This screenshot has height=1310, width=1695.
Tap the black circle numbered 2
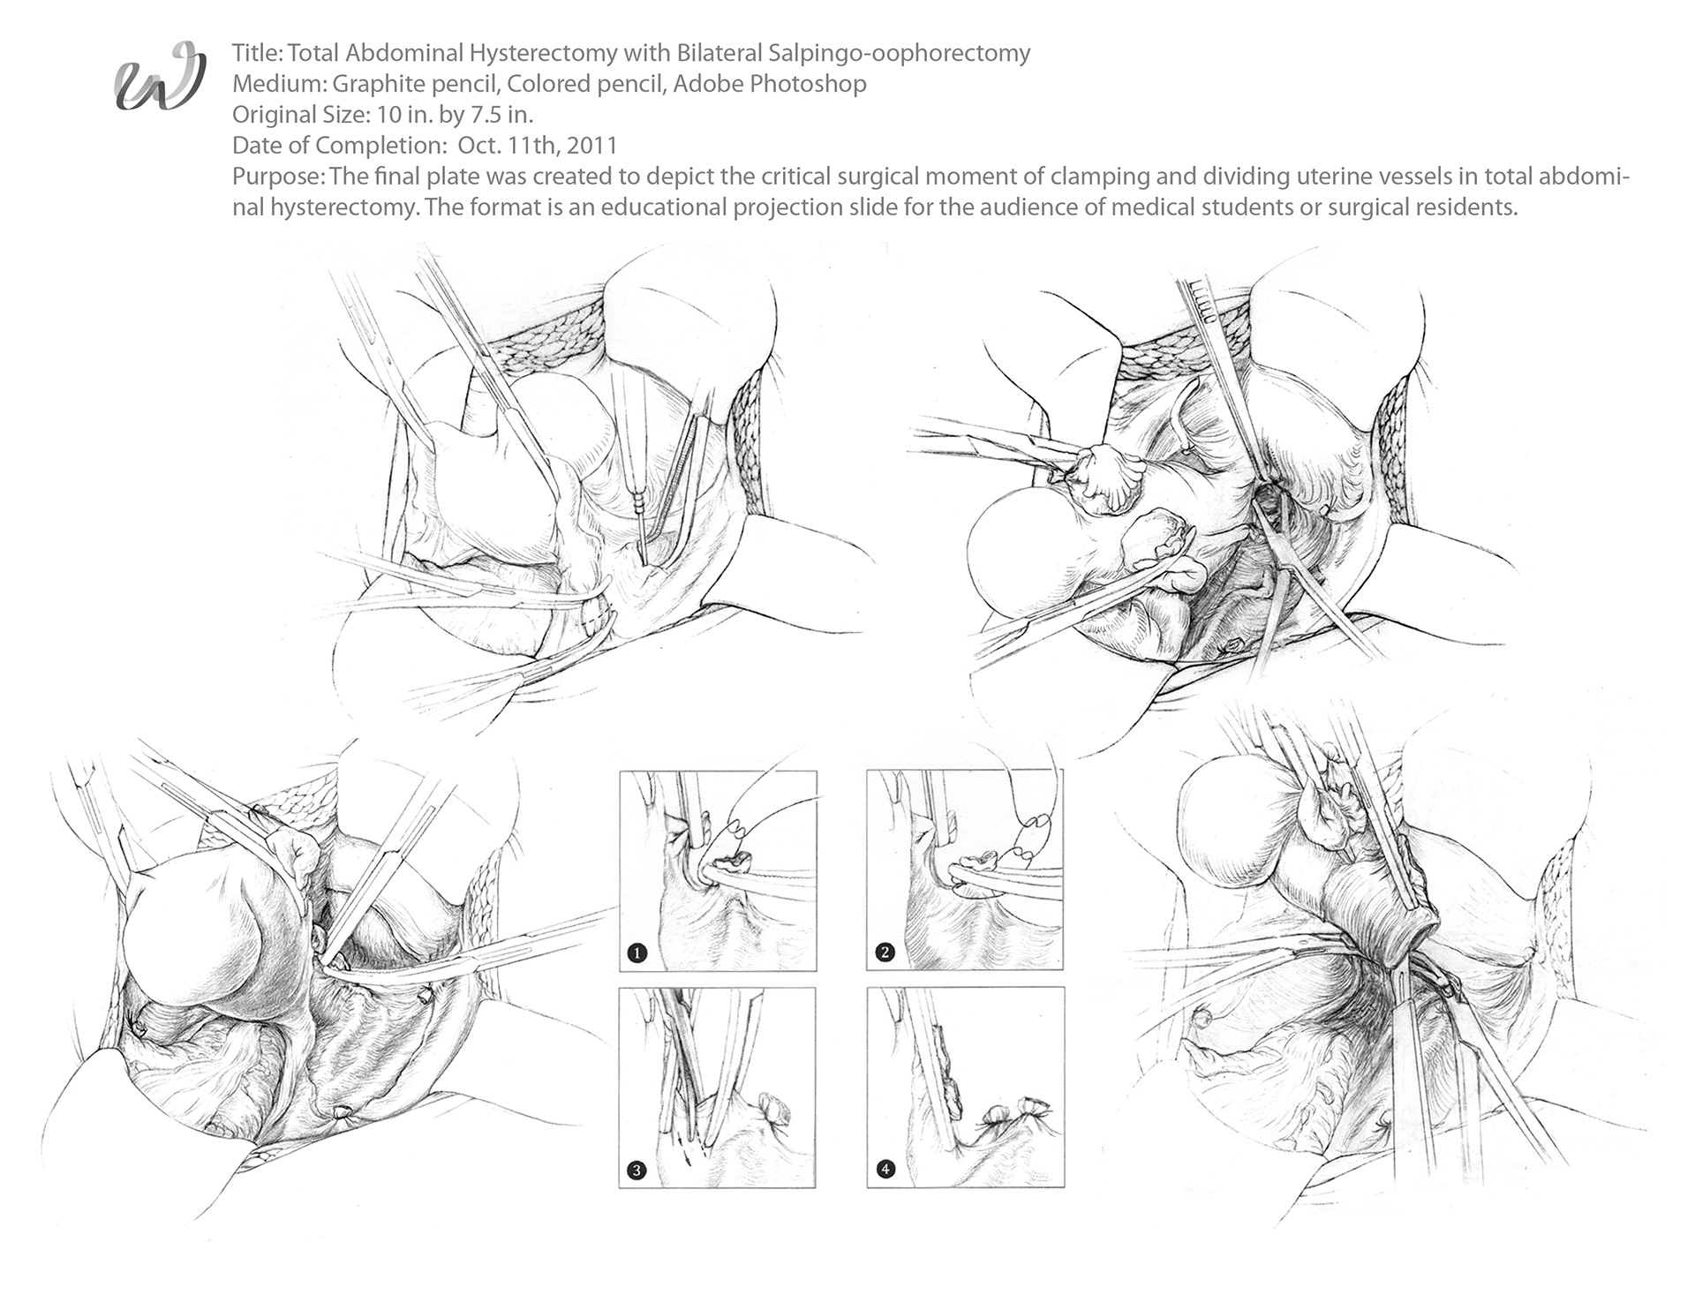coord(885,952)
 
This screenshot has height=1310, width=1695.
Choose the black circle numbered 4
coord(885,1170)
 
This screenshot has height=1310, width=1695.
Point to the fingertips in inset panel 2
coord(1029,839)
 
